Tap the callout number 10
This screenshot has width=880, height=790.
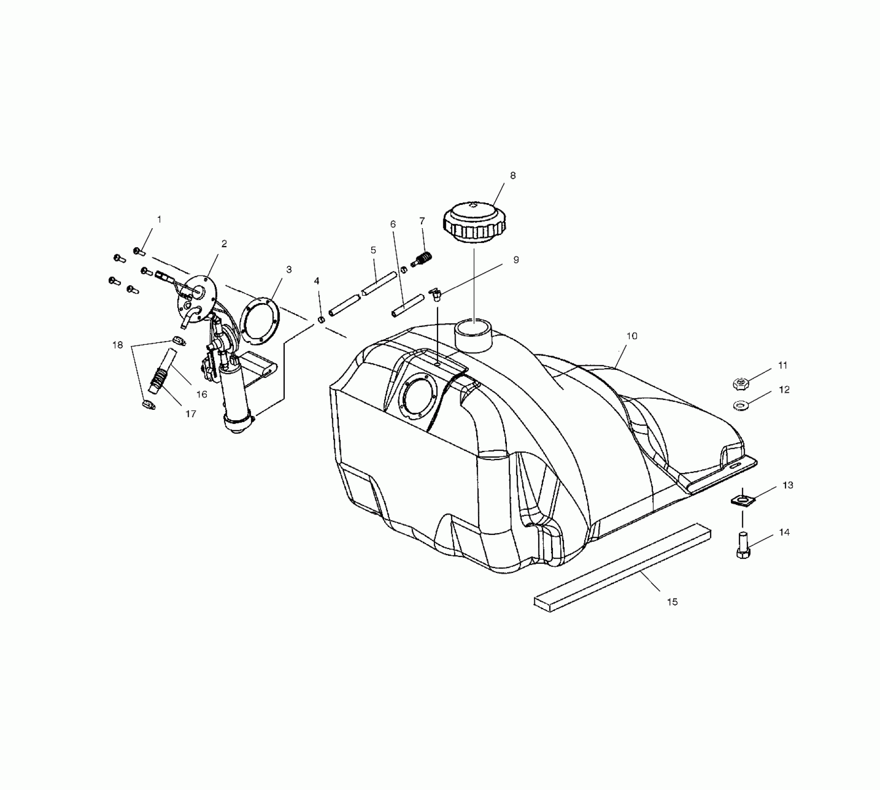pos(631,336)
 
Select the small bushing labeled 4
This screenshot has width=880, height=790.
pos(321,320)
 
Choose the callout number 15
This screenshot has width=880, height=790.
pos(672,602)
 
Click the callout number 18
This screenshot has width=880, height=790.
pos(118,345)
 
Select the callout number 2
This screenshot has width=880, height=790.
pos(224,244)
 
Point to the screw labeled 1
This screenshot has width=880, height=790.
pos(139,251)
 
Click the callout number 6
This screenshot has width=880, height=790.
pos(393,224)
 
